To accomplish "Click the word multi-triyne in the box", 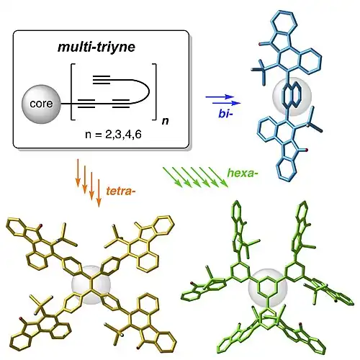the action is [96, 47].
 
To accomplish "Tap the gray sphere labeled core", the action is [41, 104].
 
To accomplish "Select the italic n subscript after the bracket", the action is [165, 120].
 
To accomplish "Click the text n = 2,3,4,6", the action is [113, 135].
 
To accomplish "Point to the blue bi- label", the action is [225, 113].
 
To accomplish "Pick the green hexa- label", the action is [243, 173].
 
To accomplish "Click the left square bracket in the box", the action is [72, 91].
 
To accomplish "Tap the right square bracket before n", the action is [154, 91].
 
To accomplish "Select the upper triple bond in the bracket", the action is [102, 80].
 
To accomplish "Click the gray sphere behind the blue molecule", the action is [292, 96].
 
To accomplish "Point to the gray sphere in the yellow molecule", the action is [91, 285].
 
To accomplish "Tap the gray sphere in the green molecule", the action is [268, 288].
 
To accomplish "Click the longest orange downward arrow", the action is [99, 193].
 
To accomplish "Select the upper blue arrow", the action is [220, 97].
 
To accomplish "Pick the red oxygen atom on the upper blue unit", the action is [260, 44].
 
